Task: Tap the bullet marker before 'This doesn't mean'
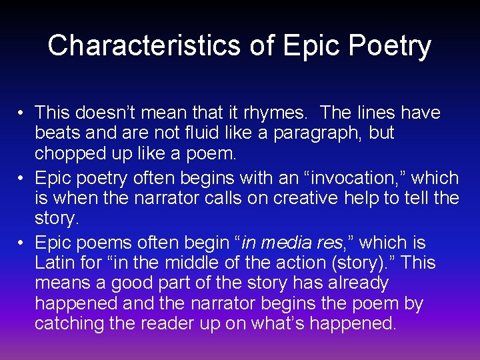22,113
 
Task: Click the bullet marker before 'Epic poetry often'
22,178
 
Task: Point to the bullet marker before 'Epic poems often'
22,243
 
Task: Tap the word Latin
55,263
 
